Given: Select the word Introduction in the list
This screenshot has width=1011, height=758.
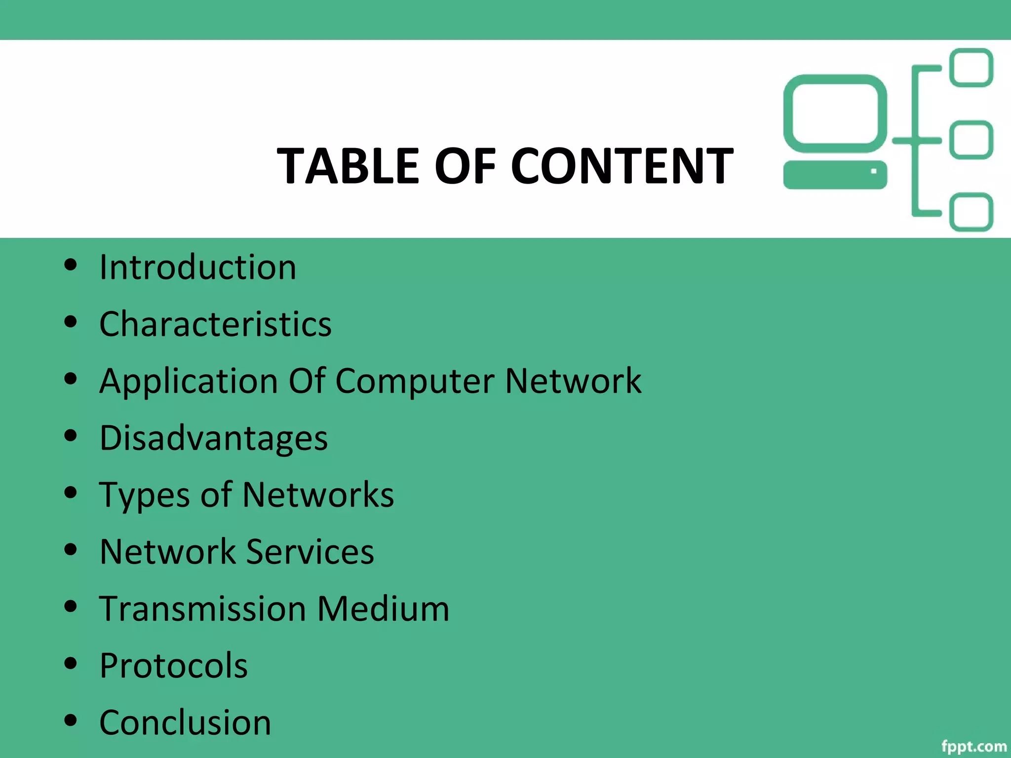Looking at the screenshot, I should click(x=198, y=267).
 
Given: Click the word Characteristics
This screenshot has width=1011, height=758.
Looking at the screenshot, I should click(x=216, y=324).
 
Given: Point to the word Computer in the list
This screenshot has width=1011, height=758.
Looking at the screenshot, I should click(x=415, y=381).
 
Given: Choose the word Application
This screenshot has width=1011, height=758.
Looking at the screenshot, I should click(x=189, y=381).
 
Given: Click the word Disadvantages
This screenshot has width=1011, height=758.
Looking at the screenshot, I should click(x=214, y=438).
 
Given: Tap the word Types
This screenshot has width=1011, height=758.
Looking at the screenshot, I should click(x=145, y=495).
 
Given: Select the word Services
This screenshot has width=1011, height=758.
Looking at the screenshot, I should click(x=310, y=552).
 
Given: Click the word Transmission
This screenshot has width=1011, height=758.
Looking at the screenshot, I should click(x=202, y=608).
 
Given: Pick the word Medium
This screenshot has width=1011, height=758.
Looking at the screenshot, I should click(x=383, y=608).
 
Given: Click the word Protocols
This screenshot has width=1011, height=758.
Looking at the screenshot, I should click(x=173, y=666).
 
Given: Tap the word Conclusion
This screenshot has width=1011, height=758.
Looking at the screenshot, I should click(x=185, y=722).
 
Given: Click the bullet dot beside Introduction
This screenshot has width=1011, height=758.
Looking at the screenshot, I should click(x=71, y=265).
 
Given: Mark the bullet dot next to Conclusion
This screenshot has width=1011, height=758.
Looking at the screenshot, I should click(x=71, y=720).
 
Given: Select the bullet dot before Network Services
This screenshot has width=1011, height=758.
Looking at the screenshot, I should click(x=71, y=550).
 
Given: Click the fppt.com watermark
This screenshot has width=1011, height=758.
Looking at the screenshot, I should click(x=973, y=746).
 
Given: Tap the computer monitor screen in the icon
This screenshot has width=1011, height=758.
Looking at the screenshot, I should click(x=835, y=113).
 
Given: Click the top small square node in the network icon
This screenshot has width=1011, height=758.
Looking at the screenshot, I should click(x=972, y=68).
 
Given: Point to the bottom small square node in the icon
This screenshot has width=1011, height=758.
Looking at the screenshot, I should click(x=972, y=212).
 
